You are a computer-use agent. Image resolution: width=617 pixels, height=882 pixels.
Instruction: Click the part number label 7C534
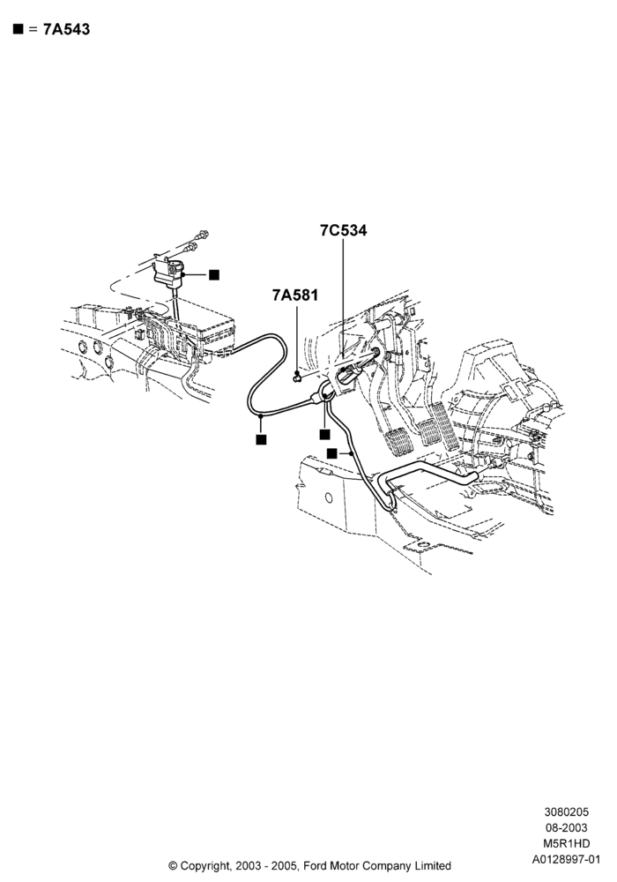pos(344,230)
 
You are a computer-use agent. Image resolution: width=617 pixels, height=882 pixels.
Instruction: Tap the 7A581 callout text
pos(295,295)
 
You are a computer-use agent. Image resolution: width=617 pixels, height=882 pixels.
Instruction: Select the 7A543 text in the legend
pos(66,29)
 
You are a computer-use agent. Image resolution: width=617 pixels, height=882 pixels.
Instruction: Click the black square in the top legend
pos(19,29)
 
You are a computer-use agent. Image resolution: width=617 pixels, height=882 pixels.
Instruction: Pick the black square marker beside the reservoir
pos(214,274)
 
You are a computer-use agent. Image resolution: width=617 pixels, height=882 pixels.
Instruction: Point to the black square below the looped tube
pos(261,439)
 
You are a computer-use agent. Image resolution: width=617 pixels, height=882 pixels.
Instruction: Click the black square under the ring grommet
pos(324,434)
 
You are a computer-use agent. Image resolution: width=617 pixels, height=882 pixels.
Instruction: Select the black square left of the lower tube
pos(332,452)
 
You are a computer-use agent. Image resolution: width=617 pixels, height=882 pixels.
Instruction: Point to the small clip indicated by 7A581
pos(297,376)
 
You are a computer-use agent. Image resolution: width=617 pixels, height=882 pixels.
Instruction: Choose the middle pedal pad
pos(430,432)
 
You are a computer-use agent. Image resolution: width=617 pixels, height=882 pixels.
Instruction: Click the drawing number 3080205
pos(567,811)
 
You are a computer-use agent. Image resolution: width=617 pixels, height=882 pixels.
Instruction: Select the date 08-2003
pos(567,827)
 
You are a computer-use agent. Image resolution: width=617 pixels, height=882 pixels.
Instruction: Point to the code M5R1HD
pos(567,843)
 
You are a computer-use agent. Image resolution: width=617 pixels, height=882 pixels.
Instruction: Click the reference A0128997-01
pos(567,859)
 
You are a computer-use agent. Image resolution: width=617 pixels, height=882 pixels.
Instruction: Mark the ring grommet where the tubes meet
pos(326,391)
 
